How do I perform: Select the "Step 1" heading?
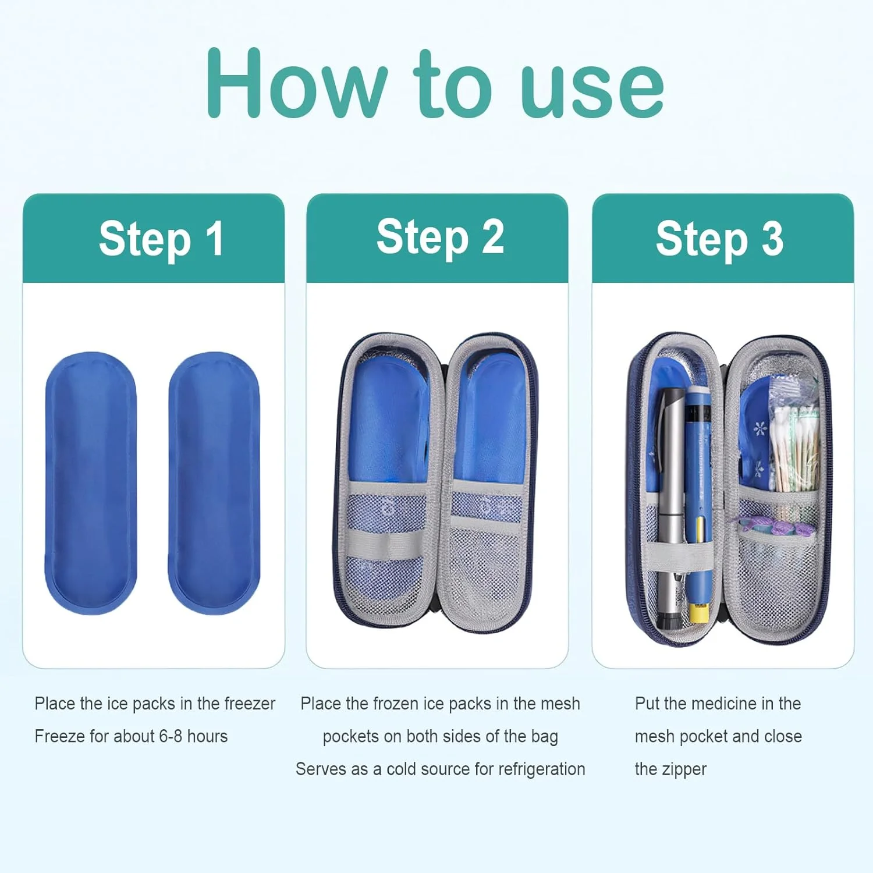click(x=161, y=239)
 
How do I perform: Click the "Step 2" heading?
click(x=440, y=237)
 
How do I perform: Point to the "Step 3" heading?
click(x=719, y=239)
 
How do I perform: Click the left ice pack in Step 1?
click(x=90, y=482)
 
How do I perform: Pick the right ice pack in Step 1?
click(x=214, y=482)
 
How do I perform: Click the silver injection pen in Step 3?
click(x=670, y=506)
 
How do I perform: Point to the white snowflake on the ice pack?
click(x=760, y=430)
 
